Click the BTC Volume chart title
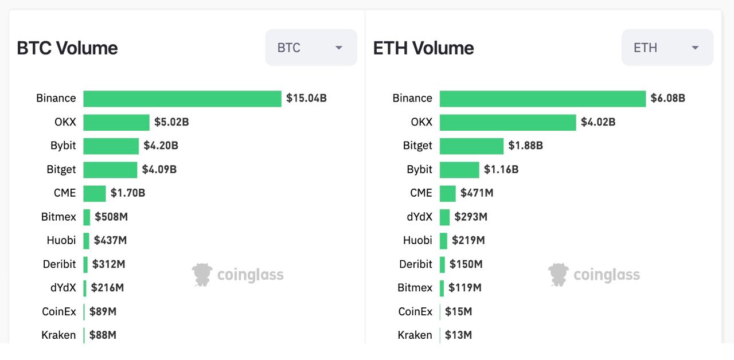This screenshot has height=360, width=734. click(x=67, y=48)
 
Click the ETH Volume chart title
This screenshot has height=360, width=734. click(x=423, y=48)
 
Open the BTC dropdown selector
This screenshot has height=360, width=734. click(x=311, y=48)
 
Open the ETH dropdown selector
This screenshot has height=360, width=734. click(x=667, y=48)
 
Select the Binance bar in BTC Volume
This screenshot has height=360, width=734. click(x=182, y=99)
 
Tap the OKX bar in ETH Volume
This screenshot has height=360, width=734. click(x=507, y=122)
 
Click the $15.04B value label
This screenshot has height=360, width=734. click(x=307, y=98)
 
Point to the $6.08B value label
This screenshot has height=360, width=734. click(x=667, y=98)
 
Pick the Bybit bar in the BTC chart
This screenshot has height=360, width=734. click(x=111, y=146)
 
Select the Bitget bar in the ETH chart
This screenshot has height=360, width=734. click(x=471, y=146)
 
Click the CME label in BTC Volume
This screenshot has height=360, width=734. click(x=65, y=193)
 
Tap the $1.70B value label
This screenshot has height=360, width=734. click(x=128, y=193)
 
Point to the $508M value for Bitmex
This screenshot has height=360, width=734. click(x=111, y=217)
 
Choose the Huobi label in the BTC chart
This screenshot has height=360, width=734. click(x=61, y=241)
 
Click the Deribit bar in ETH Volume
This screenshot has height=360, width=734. click(x=442, y=264)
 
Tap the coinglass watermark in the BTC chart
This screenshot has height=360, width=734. click(x=238, y=275)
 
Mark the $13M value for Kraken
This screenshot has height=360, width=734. click(x=458, y=335)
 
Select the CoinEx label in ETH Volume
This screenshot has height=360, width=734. click(x=415, y=312)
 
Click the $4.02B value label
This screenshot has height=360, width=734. click(x=598, y=122)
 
